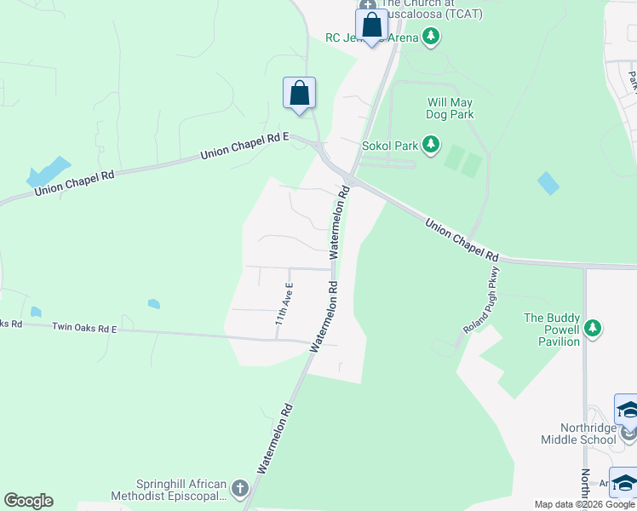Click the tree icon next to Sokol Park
point(431,146)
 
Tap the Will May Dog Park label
point(450,108)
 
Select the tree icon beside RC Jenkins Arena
point(431,37)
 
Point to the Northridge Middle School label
point(577,433)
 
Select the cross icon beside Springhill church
point(239,489)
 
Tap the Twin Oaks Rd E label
point(83,327)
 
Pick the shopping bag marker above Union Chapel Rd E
point(299,93)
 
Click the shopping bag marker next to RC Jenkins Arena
point(371,25)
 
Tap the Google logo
point(28,501)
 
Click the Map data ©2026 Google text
point(584,504)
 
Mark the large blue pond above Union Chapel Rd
point(48,171)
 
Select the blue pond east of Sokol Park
point(549,182)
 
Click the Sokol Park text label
point(396,146)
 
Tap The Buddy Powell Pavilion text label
point(552,330)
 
